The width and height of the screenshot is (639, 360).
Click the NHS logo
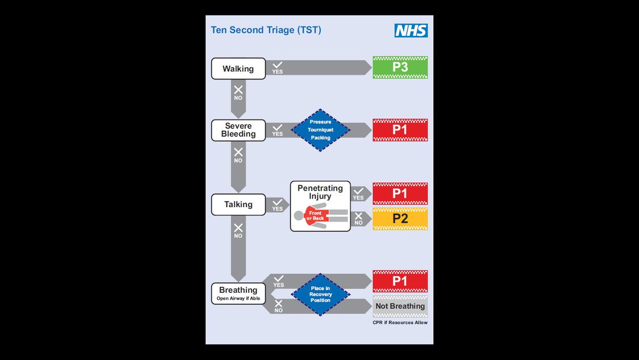[411, 30]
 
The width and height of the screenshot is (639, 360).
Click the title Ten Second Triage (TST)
[266, 30]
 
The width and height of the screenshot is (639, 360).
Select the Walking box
[238, 69]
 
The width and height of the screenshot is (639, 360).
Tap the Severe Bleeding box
[238, 130]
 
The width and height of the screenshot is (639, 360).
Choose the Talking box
[238, 204]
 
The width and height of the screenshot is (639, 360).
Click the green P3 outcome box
[400, 68]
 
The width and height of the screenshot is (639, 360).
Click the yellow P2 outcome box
[400, 219]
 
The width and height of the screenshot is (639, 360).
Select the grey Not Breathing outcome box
[400, 306]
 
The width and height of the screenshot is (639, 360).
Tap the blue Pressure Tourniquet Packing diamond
[320, 130]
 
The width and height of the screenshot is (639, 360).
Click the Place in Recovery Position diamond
[320, 294]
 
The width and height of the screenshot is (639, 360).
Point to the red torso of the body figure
[315, 215]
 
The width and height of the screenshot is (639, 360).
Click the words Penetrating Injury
[320, 192]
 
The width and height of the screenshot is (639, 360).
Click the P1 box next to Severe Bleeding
[400, 130]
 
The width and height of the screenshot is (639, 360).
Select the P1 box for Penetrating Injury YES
[400, 194]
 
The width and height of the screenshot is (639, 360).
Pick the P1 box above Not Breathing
[400, 281]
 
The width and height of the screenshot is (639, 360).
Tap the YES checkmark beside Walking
[277, 66]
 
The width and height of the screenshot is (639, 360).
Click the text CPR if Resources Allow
[400, 323]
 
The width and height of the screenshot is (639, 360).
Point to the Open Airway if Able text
[238, 299]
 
